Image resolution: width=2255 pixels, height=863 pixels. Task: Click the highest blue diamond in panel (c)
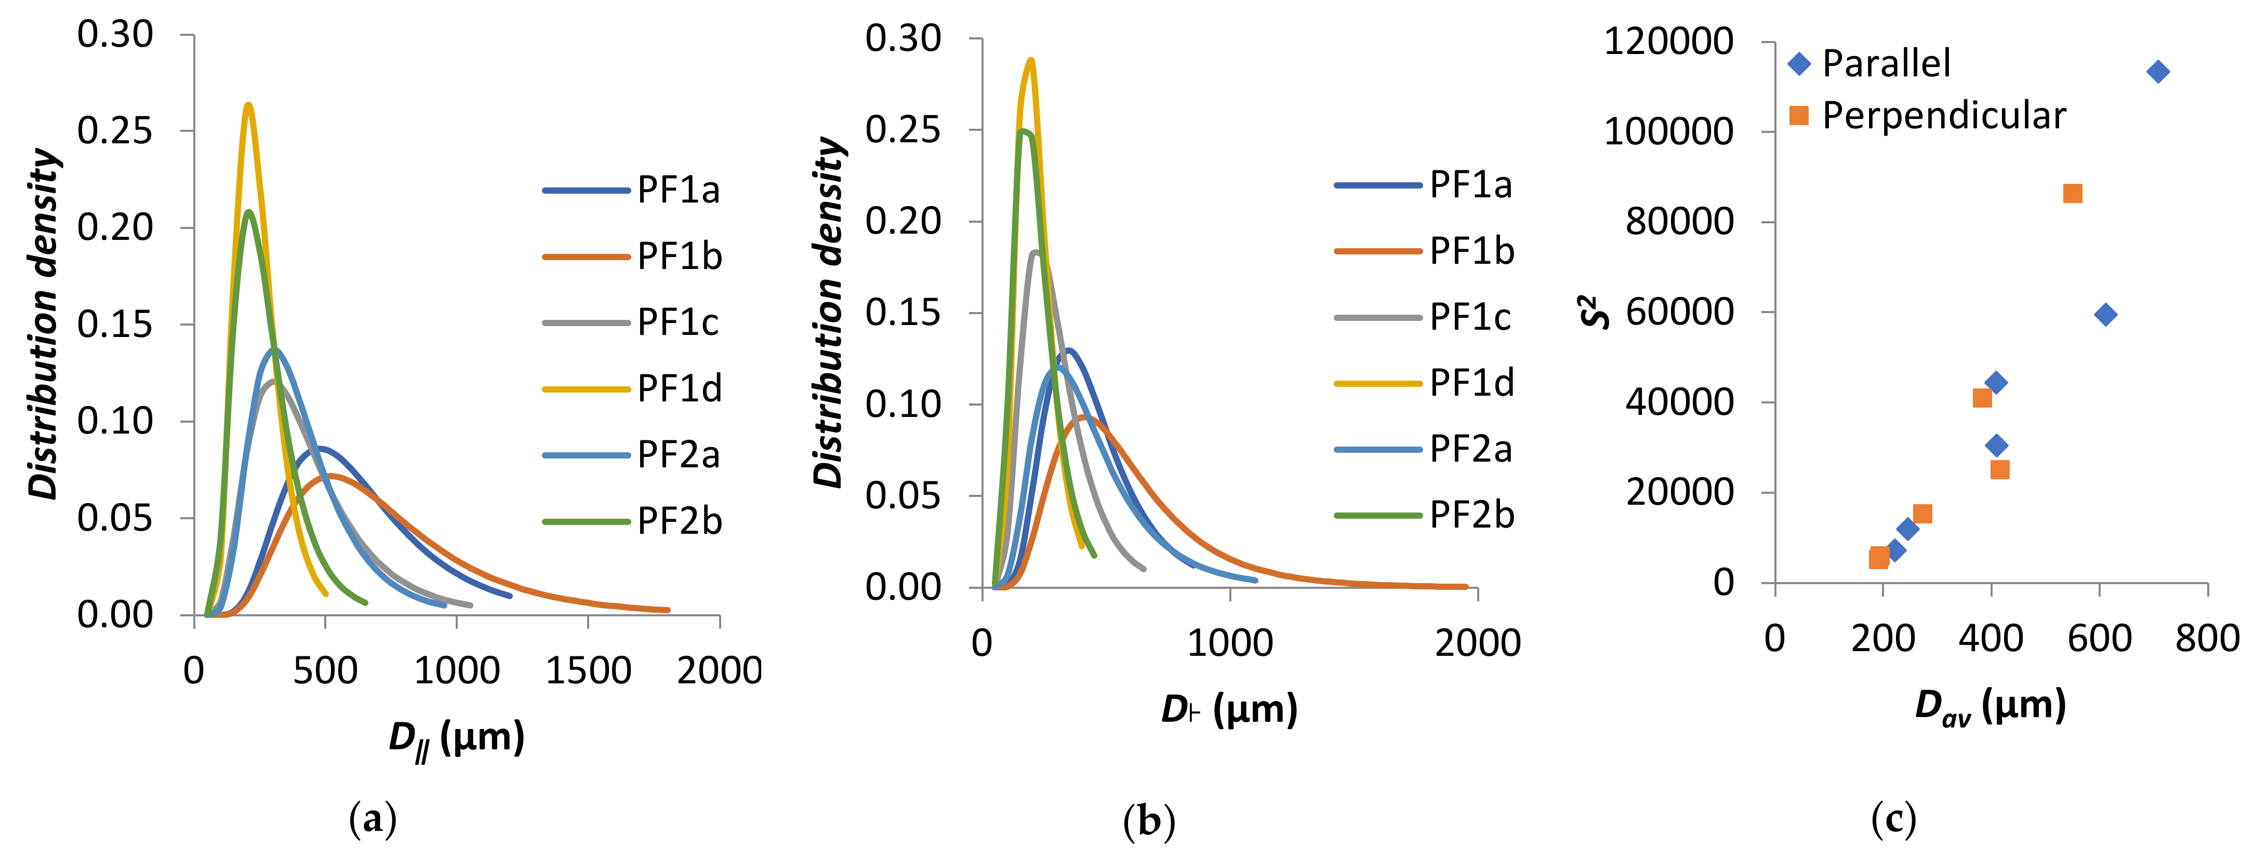(x=2158, y=72)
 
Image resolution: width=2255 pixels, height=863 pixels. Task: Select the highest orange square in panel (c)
(x=2072, y=194)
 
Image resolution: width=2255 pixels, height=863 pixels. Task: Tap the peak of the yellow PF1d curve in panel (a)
(x=248, y=105)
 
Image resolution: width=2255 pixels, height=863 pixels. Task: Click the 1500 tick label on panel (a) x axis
(x=587, y=671)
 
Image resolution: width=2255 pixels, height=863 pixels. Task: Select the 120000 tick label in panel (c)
(x=1668, y=41)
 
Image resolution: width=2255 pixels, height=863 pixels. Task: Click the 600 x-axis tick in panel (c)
(x=2099, y=638)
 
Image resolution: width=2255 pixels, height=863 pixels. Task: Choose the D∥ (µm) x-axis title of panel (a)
(x=456, y=738)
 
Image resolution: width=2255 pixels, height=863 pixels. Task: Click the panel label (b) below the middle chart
(x=1148, y=821)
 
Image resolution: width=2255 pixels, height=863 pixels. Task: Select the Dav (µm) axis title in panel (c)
(x=1990, y=706)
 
